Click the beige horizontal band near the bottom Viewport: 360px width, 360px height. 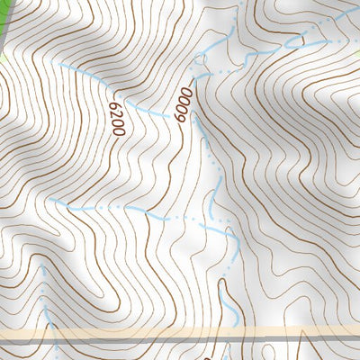[180, 335]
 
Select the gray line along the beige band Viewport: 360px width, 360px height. [180, 340]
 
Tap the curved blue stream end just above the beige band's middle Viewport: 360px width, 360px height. [232, 310]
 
